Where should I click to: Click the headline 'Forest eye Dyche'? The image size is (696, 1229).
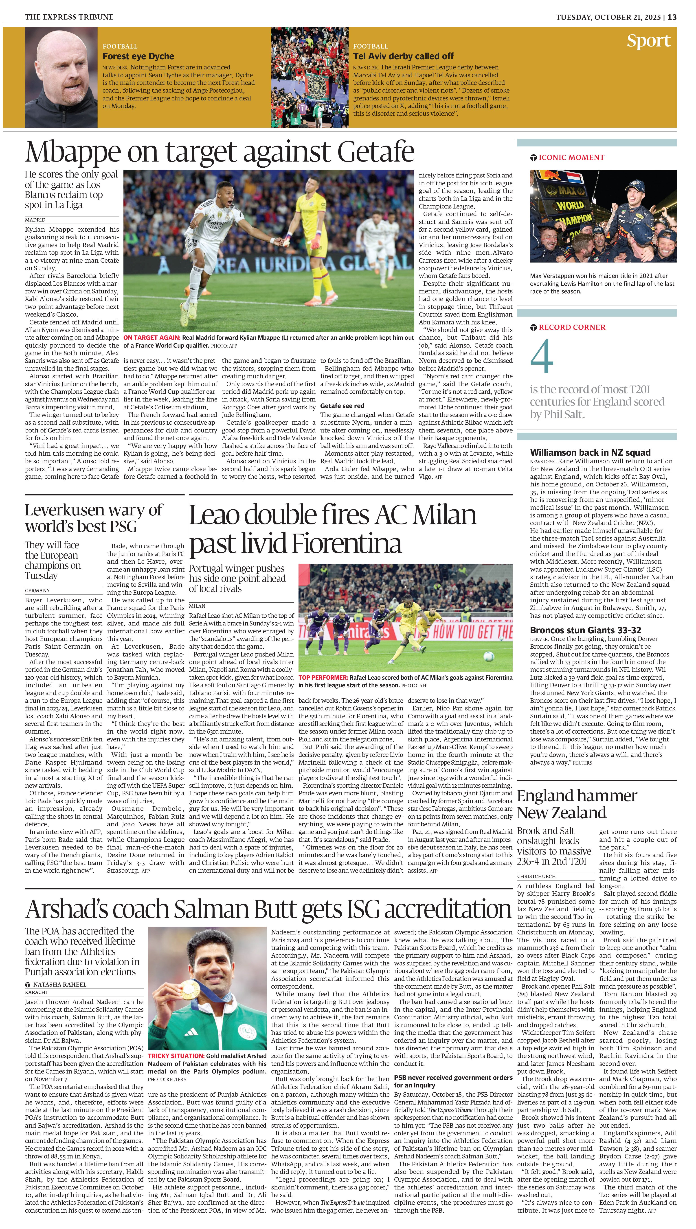click(x=138, y=56)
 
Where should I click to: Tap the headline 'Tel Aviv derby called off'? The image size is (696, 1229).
click(x=403, y=56)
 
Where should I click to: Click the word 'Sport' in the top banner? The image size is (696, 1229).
click(x=648, y=41)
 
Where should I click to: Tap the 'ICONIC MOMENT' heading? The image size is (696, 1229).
click(x=571, y=158)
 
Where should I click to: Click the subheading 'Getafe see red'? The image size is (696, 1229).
click(x=342, y=406)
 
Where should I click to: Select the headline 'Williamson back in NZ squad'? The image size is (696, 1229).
click(x=590, y=453)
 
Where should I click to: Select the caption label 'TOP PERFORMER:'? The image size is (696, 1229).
click(x=323, y=677)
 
